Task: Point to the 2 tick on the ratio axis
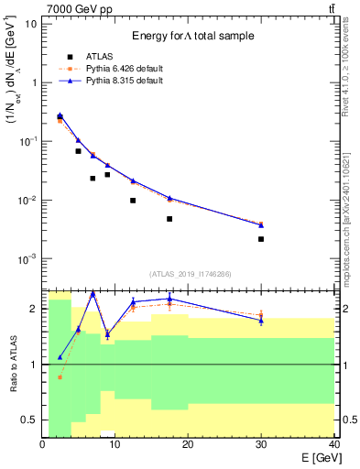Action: tap(36, 309)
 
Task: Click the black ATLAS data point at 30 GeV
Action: tap(261, 239)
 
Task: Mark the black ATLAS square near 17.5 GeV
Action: tap(169, 219)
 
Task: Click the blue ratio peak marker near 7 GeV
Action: tap(93, 293)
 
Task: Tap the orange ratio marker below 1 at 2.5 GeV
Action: tap(60, 376)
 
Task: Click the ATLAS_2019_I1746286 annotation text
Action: tap(190, 274)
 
